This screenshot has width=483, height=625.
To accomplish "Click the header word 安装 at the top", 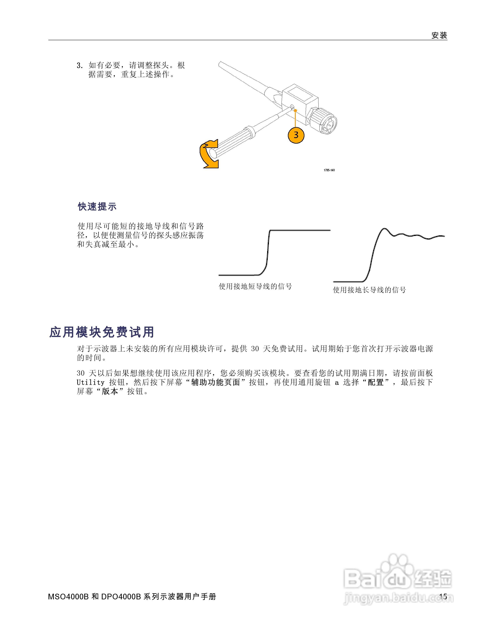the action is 439,36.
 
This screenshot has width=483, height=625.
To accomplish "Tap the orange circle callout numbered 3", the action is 296,135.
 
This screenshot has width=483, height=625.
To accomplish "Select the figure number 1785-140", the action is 329,170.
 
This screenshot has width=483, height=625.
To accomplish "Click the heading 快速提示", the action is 97,207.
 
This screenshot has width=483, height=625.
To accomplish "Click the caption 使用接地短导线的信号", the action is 255,286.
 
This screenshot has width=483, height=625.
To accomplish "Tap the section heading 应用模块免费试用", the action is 102,332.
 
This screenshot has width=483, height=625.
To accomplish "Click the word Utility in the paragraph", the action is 90,383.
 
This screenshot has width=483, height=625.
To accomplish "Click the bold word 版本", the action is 110,391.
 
